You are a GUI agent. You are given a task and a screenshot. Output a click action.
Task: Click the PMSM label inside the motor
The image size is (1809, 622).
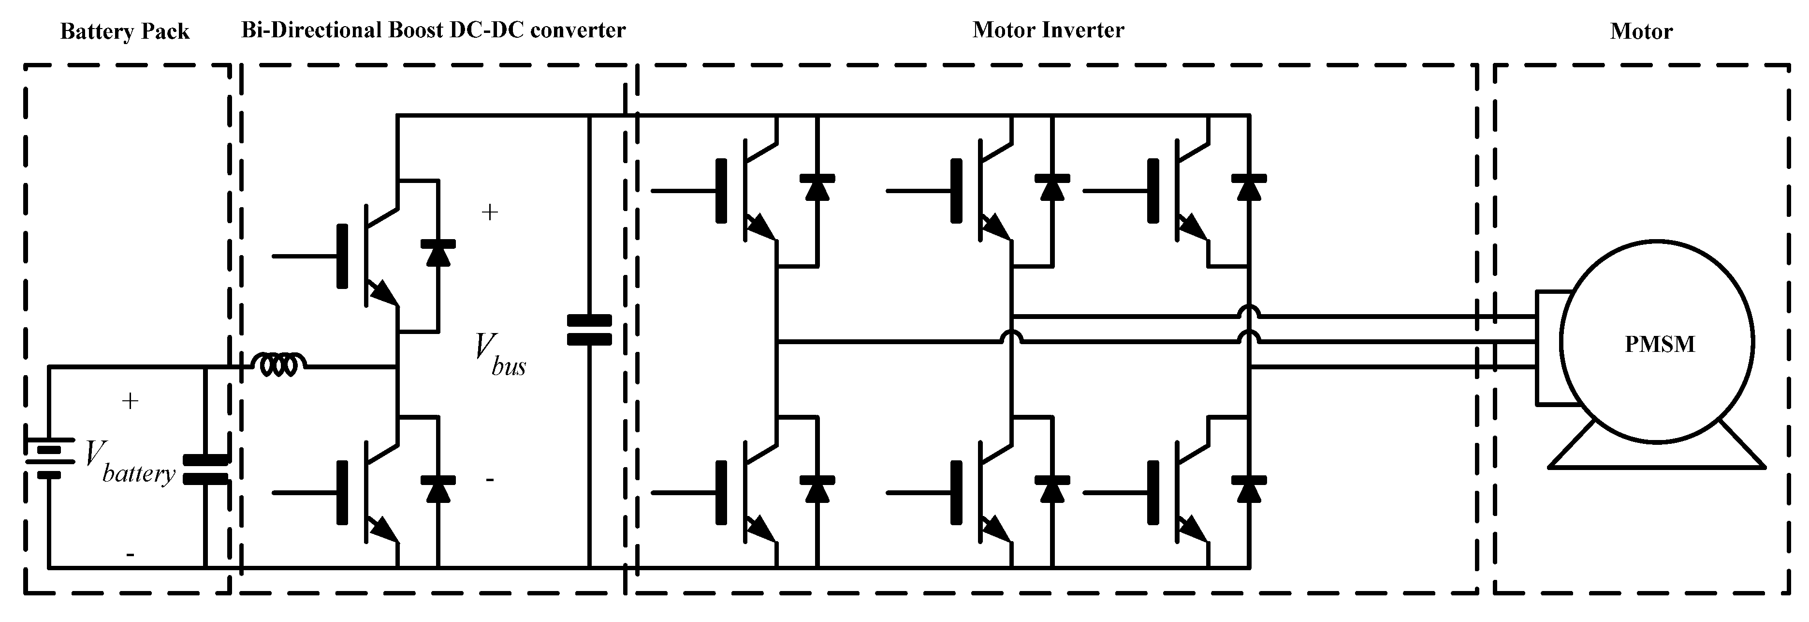click(x=1660, y=344)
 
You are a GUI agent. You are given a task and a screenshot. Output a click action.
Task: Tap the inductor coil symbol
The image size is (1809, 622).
click(x=279, y=364)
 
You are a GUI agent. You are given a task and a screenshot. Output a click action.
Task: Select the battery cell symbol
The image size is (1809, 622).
click(x=49, y=457)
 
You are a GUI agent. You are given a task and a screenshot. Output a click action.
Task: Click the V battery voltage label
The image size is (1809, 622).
click(x=130, y=463)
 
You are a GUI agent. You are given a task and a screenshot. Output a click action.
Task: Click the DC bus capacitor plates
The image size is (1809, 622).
click(x=589, y=330)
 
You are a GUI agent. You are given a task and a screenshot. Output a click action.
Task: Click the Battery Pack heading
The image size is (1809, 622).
click(x=125, y=31)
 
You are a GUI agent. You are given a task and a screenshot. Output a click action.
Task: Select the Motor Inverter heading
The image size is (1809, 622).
click(x=1048, y=30)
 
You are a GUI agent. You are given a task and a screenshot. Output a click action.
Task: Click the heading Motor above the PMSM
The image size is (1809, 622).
click(x=1641, y=31)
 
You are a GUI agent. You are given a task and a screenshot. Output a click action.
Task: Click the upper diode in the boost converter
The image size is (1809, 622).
click(x=438, y=253)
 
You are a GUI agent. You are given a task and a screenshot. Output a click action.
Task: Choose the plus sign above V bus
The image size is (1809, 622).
click(x=489, y=212)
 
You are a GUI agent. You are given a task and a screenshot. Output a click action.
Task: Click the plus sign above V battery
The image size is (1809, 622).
click(x=130, y=401)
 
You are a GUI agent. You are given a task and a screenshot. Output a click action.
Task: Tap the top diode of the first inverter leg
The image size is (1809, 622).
click(x=817, y=188)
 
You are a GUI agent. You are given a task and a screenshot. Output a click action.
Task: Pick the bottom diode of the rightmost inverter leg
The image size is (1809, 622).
click(x=1249, y=489)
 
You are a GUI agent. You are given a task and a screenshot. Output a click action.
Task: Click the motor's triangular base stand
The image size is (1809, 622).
click(x=1656, y=454)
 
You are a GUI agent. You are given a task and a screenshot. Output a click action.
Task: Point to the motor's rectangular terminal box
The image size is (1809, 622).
click(x=1548, y=348)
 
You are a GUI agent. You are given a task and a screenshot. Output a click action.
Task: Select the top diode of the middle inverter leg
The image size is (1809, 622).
click(x=1052, y=188)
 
